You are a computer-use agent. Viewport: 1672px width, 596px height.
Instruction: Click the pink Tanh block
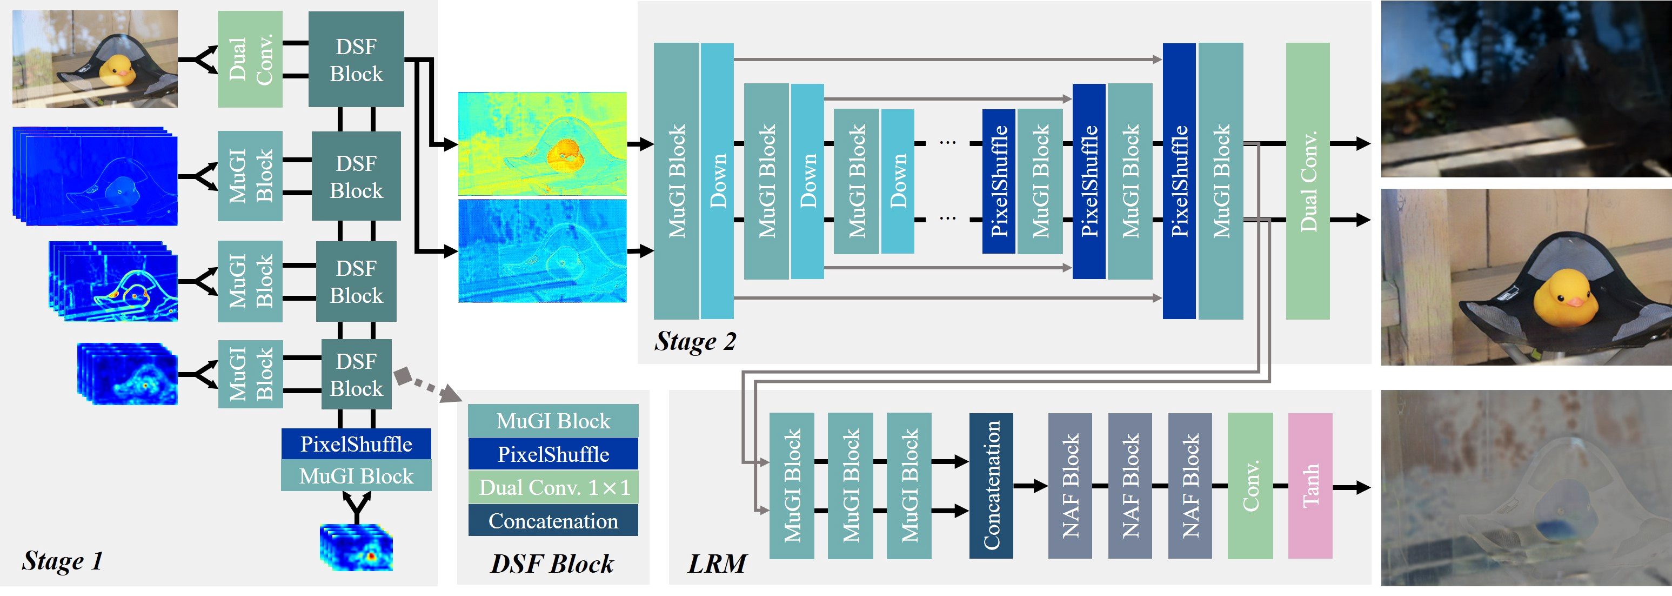point(1310,486)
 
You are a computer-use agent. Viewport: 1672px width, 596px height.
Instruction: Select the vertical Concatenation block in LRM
point(991,486)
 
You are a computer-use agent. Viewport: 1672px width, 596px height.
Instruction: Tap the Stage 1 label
point(62,560)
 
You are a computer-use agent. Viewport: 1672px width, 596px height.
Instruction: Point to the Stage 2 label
point(695,341)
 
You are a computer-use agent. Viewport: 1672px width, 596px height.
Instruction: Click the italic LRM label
point(717,563)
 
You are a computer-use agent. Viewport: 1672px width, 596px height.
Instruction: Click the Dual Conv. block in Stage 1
point(250,59)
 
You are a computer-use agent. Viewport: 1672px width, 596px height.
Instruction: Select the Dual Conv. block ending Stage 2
point(1308,181)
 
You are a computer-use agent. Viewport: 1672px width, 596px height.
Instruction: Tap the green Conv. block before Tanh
point(1250,486)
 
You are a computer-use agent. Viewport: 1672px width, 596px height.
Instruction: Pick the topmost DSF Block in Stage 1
point(356,59)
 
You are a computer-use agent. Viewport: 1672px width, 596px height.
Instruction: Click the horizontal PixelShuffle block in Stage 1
point(356,444)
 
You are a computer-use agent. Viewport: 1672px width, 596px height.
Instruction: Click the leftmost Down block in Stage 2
point(717,181)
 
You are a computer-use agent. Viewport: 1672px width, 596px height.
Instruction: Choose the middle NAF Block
point(1129,486)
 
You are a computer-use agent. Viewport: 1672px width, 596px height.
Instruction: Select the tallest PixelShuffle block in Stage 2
point(1179,181)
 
